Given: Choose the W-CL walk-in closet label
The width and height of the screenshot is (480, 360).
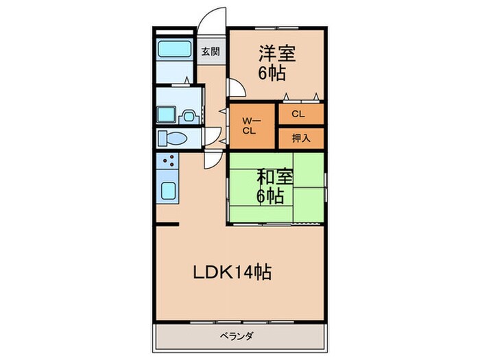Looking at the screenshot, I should (x=249, y=125).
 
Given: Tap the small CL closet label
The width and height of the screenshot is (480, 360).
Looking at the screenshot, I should (x=298, y=114).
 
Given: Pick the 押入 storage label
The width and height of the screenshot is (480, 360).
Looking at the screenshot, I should (x=300, y=138).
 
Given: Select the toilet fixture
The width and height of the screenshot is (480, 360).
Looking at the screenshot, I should (x=173, y=139).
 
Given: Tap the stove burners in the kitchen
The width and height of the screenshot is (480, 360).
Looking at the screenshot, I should (x=167, y=163).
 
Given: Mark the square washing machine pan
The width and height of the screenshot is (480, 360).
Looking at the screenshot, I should (x=166, y=114).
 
